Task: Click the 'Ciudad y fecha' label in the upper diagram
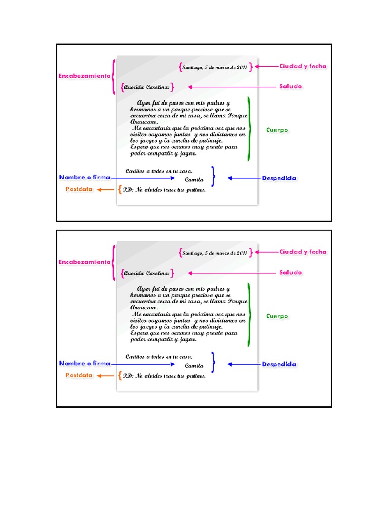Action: tap(303, 66)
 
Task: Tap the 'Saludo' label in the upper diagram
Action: tap(290, 86)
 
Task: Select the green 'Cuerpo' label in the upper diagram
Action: tap(277, 130)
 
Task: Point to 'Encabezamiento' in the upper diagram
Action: tap(84, 76)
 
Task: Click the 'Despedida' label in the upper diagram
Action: tap(279, 178)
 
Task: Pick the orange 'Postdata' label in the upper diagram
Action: tap(79, 190)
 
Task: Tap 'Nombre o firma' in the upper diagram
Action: tap(84, 178)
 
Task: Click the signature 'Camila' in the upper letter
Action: tap(194, 179)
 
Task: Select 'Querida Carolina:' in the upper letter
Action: tap(147, 87)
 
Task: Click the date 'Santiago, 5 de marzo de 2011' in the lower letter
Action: tap(215, 253)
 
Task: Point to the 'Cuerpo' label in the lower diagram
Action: tap(277, 316)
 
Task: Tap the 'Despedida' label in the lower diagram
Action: tap(279, 364)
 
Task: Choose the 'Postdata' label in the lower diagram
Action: tap(79, 376)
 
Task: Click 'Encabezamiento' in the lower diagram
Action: tap(84, 262)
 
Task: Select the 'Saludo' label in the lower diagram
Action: tap(290, 273)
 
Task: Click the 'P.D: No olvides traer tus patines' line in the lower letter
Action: tap(164, 376)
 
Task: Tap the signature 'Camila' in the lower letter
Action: tap(194, 365)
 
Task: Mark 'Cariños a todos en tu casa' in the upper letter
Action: tap(159, 171)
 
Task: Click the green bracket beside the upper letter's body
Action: tap(248, 129)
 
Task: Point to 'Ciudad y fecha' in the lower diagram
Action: tap(303, 252)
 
